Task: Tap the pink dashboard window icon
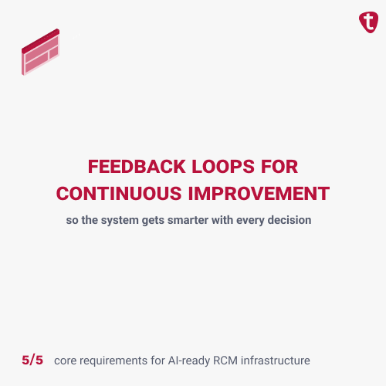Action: point(41,53)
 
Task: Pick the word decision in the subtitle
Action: point(288,220)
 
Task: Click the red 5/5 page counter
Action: point(32,360)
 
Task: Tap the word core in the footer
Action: point(67,361)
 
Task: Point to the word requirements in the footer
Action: point(117,361)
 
